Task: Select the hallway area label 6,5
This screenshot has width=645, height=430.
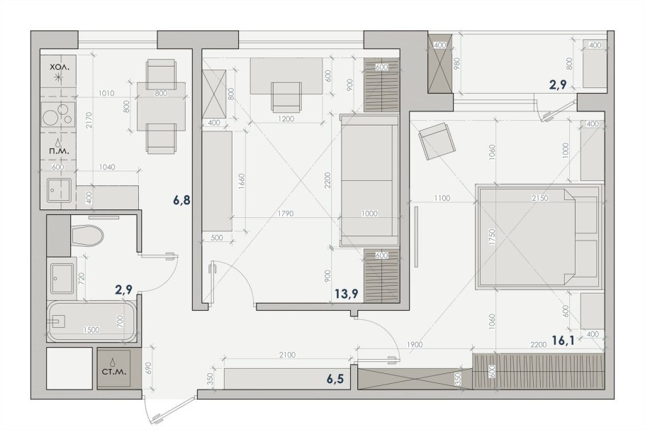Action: [x=336, y=378]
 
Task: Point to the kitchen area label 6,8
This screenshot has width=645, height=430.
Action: [x=181, y=201]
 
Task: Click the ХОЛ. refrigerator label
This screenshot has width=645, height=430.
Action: [x=60, y=66]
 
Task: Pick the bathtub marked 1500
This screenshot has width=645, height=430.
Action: [x=91, y=323]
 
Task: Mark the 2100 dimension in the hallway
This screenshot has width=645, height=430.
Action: [x=287, y=355]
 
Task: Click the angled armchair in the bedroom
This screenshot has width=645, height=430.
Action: [x=434, y=143]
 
